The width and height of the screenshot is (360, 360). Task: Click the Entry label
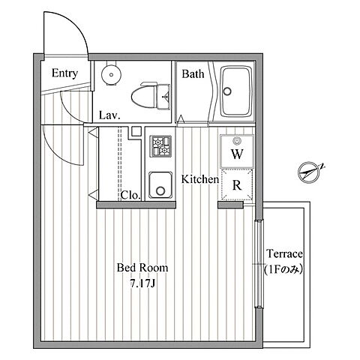pyautogui.click(x=64, y=73)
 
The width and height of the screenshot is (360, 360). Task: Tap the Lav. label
pyautogui.click(x=109, y=115)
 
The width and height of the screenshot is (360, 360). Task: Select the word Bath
pyautogui.click(x=193, y=74)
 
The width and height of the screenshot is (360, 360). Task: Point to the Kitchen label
pyautogui.click(x=200, y=179)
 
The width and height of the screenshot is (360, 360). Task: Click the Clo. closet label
pyautogui.click(x=130, y=195)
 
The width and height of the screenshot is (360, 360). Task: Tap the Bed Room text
pyautogui.click(x=142, y=268)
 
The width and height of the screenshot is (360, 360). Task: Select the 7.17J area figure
pyautogui.click(x=143, y=283)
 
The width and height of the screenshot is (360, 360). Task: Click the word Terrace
pyautogui.click(x=284, y=253)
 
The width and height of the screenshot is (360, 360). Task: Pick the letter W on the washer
pyautogui.click(x=237, y=154)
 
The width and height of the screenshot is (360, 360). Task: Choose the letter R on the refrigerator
pyautogui.click(x=237, y=185)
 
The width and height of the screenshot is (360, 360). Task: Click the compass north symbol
pyautogui.click(x=310, y=172)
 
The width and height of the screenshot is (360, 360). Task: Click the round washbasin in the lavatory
pyautogui.click(x=111, y=74)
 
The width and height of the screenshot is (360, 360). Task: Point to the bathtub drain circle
pyautogui.click(x=227, y=91)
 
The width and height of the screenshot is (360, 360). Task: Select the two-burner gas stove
pyautogui.click(x=160, y=146)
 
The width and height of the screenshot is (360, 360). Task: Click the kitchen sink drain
pyautogui.click(x=160, y=191)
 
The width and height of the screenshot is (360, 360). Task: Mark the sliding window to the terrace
pyautogui.click(x=259, y=264)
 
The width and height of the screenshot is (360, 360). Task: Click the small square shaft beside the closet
pyautogui.click(x=136, y=131)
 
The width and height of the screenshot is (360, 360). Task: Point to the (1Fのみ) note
pyautogui.click(x=284, y=269)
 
